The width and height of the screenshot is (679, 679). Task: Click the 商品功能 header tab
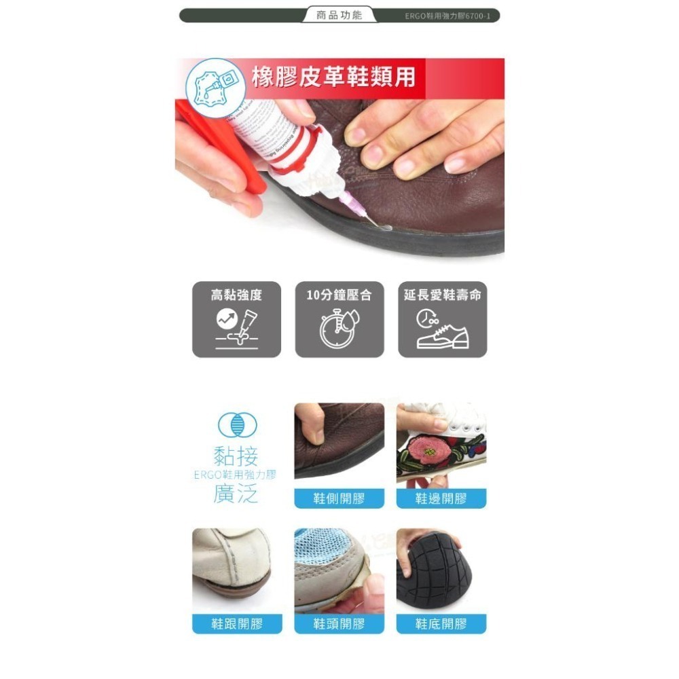point(339,15)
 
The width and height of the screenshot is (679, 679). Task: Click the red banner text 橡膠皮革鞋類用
point(333,77)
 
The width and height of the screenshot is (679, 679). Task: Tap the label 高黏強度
point(236,295)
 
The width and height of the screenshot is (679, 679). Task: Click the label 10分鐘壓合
point(339,295)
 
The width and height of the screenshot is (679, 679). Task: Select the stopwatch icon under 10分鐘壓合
point(337,329)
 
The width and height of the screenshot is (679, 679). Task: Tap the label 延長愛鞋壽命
point(442,295)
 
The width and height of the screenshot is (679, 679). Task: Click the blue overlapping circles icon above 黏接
point(237,425)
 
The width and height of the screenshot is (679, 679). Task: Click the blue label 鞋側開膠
point(339,499)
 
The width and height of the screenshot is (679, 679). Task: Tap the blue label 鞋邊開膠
point(441,499)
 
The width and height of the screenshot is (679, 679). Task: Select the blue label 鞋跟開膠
point(237,624)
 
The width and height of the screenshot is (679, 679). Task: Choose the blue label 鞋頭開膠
point(339,624)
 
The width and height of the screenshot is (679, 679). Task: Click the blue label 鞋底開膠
point(441,624)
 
